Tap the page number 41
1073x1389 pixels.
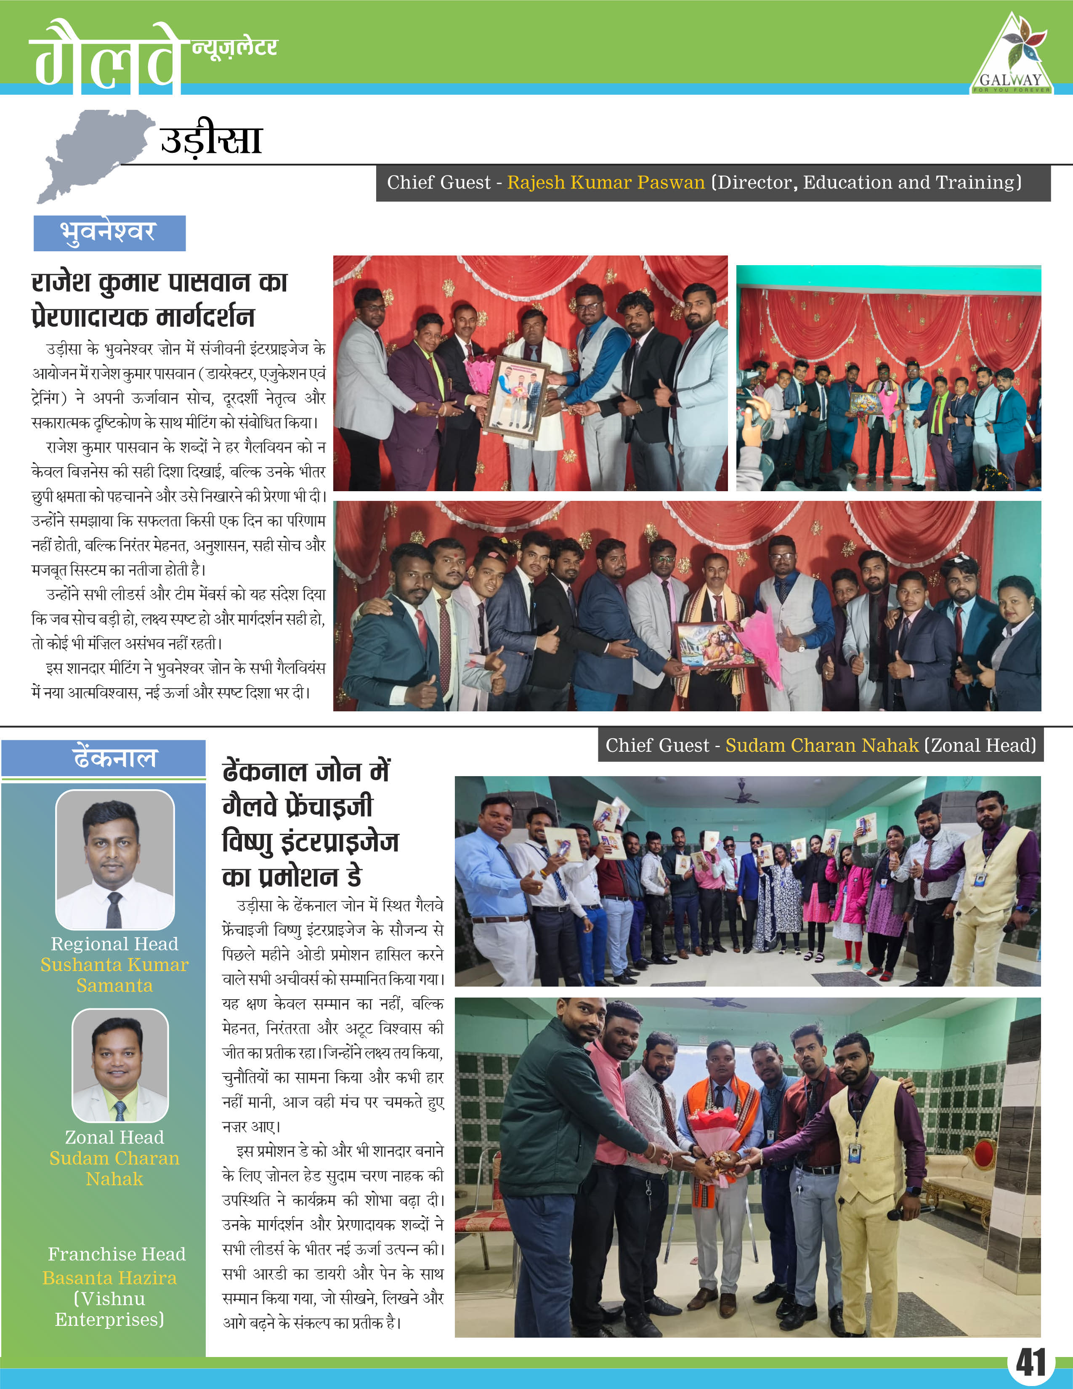(1031, 1362)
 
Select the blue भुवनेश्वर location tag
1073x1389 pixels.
(109, 233)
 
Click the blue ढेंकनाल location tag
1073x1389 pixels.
(104, 758)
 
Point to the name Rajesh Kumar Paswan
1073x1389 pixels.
(606, 183)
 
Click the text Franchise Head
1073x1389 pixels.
(116, 1253)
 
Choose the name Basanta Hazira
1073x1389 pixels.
(109, 1278)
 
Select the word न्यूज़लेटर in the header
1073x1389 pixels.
(234, 47)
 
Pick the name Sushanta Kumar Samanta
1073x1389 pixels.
(114, 975)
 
